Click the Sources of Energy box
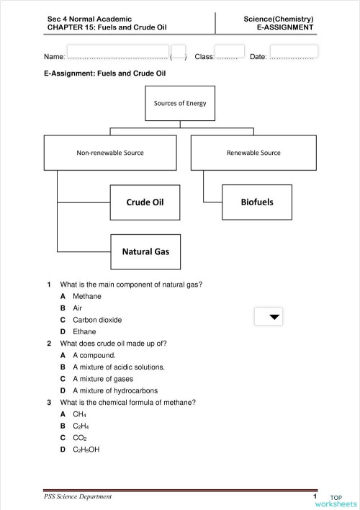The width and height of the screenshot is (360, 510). tap(180, 103)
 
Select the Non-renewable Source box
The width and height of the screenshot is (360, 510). tap(110, 153)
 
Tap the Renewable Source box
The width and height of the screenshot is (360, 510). tap(253, 153)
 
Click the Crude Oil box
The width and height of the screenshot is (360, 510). tap(145, 202)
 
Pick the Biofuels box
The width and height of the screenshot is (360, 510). tap(256, 202)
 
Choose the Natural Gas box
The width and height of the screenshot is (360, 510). tap(145, 251)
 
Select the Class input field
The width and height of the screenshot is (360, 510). tap(229, 53)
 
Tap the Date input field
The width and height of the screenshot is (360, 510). tap(293, 53)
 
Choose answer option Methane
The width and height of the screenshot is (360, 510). tap(86, 296)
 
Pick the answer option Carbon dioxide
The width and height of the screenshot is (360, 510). tap(96, 320)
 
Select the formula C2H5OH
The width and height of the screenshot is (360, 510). tap(86, 449)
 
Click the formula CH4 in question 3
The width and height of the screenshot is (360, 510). tap(79, 414)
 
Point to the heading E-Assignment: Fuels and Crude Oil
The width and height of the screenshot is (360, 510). tap(105, 73)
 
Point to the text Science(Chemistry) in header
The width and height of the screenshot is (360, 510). tap(279, 19)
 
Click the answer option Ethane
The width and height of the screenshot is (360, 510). tap(84, 331)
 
